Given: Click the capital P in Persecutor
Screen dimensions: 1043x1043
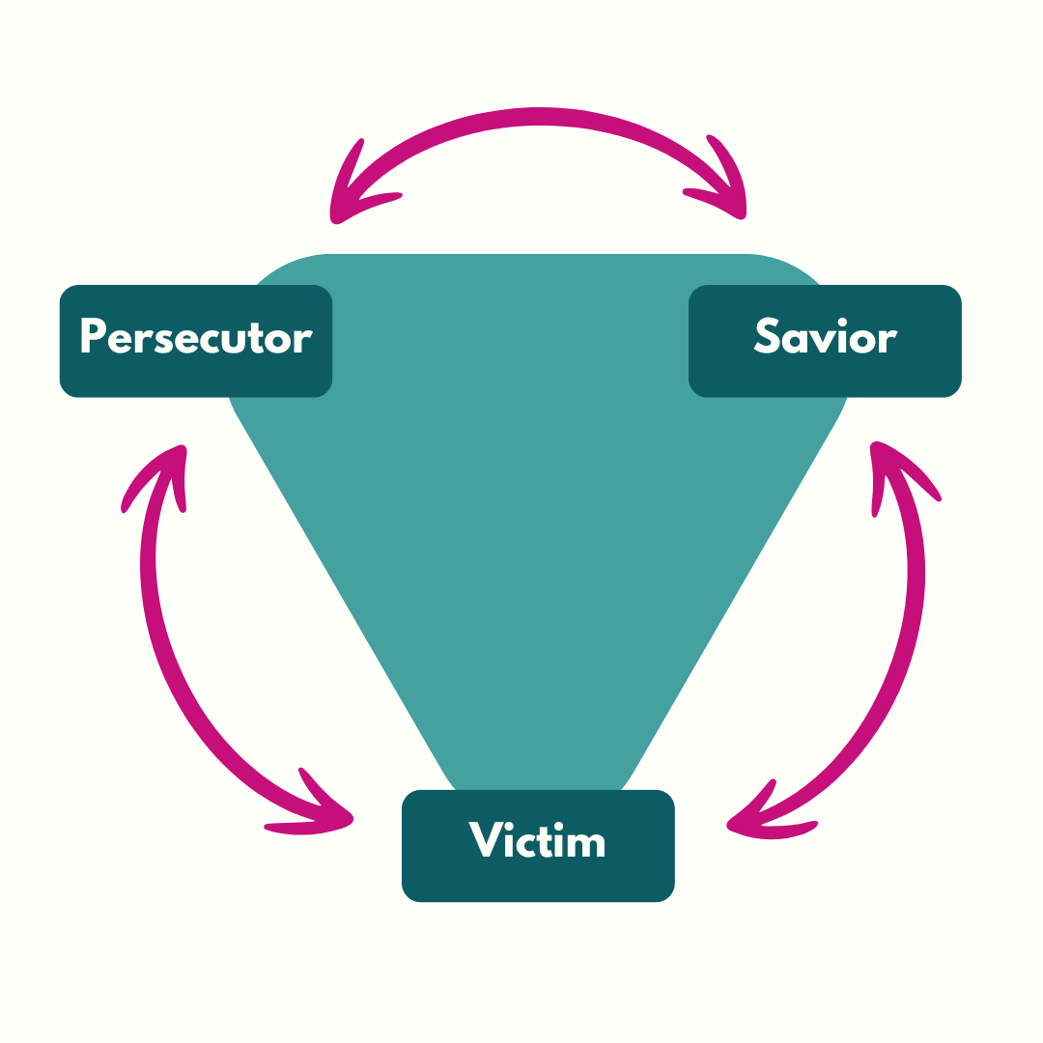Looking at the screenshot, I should (x=92, y=335).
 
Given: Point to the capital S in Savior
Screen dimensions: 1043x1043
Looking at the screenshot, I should (x=766, y=335).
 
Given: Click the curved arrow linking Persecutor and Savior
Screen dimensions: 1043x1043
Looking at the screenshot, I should (x=538, y=118).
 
